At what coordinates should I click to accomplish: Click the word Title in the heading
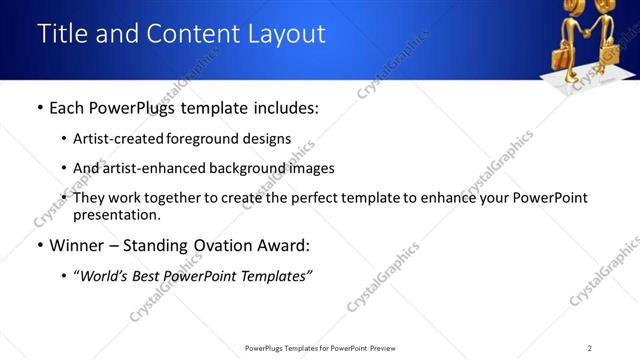click(x=63, y=34)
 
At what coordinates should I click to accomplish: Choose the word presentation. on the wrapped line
click(x=116, y=214)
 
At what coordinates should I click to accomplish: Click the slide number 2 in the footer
click(x=590, y=348)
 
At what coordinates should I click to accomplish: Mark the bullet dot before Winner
click(x=39, y=246)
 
